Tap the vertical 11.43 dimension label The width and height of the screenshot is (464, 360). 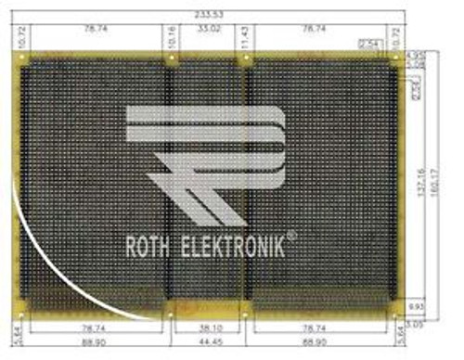coord(244,37)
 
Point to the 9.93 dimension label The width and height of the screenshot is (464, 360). coord(417,304)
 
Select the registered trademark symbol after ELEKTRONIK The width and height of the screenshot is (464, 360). coord(292,236)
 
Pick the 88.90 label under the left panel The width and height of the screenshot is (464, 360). coord(91,343)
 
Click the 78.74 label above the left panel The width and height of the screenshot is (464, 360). coord(91,30)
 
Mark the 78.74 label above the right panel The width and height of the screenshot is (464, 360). coord(316,30)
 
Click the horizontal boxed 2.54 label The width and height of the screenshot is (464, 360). coord(369,45)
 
